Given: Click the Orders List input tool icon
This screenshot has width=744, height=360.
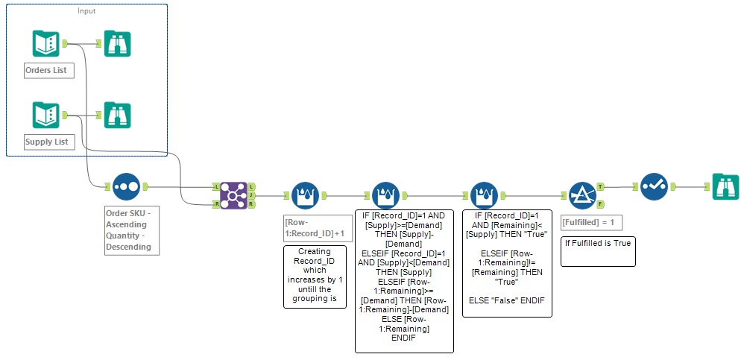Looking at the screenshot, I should click(x=45, y=44).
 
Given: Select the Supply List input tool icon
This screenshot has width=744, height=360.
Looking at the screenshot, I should click(x=45, y=116).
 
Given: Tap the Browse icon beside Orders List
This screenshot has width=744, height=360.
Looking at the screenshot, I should click(x=118, y=44).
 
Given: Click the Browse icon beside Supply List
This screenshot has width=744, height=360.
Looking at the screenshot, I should click(x=118, y=116).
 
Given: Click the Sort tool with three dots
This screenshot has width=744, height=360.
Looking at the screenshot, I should click(x=125, y=187).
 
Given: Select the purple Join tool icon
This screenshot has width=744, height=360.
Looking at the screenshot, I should click(x=233, y=195).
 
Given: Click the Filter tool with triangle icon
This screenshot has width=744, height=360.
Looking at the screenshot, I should click(x=584, y=195).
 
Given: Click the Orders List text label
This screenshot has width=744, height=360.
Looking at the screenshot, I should click(x=49, y=71).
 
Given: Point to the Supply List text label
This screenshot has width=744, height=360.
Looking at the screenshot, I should click(x=49, y=142).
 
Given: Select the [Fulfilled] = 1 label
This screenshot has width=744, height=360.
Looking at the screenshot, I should click(x=590, y=222).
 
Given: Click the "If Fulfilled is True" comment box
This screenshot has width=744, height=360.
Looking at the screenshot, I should click(x=598, y=250).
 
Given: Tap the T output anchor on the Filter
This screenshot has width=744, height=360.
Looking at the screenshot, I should click(x=601, y=186).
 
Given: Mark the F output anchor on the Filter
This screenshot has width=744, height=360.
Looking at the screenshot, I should click(x=601, y=203).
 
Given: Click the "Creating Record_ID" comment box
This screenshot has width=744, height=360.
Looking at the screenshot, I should click(x=315, y=277).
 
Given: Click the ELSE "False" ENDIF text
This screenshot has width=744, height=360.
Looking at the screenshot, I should click(x=506, y=300).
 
